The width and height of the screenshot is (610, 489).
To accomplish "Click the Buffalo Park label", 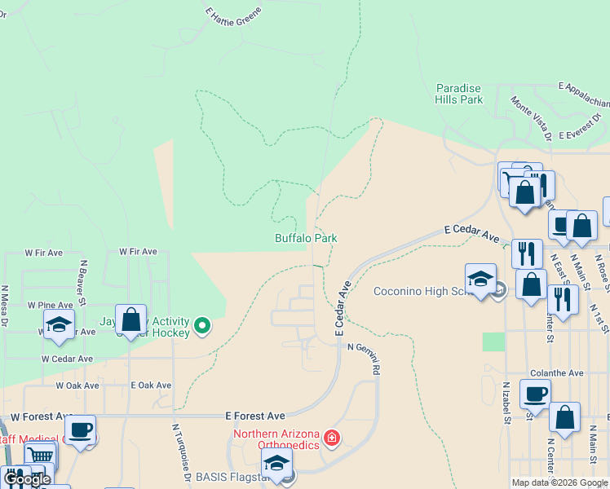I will click(x=306, y=238).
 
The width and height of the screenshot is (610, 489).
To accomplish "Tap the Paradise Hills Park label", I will click(x=459, y=94).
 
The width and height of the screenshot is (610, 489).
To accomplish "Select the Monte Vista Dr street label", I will click(x=532, y=117).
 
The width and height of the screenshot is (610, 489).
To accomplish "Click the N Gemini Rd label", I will click(x=365, y=358).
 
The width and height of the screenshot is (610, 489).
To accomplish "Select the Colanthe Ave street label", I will click(x=556, y=372).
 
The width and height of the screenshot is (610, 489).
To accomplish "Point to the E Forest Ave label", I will click(x=255, y=416).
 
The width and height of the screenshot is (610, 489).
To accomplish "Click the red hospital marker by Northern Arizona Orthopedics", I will click(x=331, y=439).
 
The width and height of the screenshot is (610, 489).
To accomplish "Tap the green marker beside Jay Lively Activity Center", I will click(x=204, y=327).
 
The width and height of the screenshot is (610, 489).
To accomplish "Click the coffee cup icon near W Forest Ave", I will click(x=81, y=430).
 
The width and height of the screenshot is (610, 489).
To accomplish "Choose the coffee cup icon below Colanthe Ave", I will click(x=535, y=394).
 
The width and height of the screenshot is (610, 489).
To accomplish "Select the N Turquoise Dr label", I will click(x=182, y=452).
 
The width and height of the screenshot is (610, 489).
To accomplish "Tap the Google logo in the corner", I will click(x=28, y=479).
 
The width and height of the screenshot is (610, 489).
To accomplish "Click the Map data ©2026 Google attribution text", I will click(x=559, y=482).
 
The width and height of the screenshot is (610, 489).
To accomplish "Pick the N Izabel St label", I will click(x=506, y=403).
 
